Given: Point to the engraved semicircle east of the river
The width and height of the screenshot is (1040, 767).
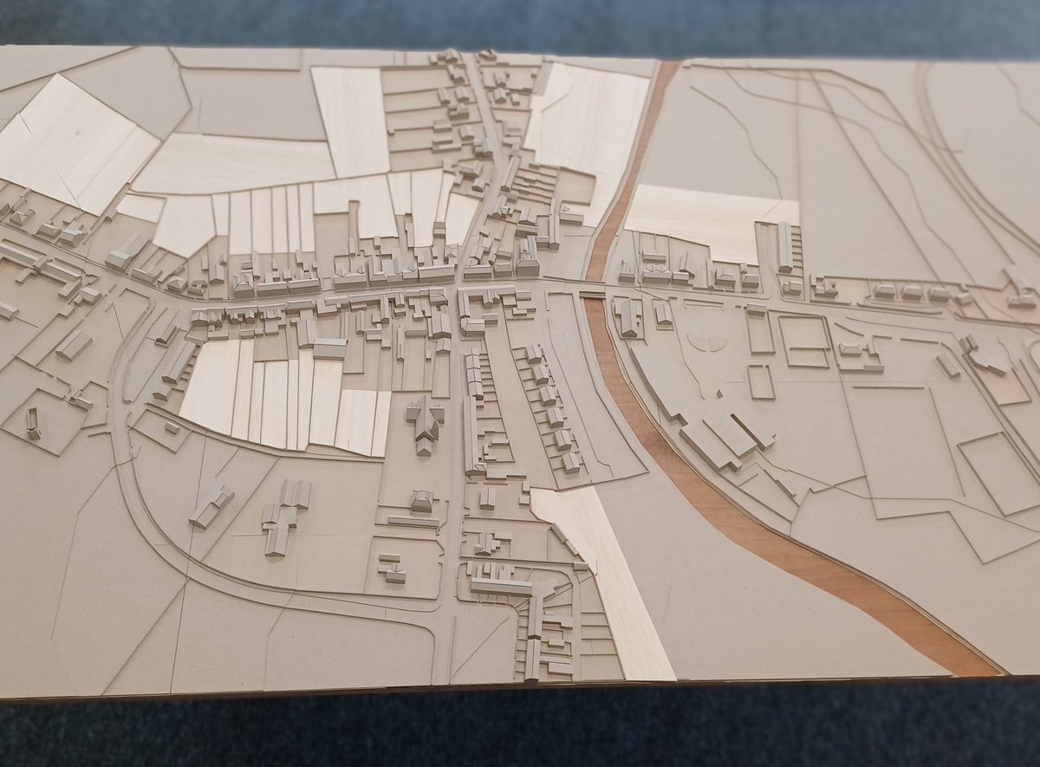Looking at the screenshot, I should (x=709, y=341).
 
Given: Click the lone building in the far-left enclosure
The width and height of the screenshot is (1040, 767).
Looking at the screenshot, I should (x=33, y=423).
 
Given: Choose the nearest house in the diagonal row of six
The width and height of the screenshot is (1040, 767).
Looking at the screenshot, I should (x=570, y=461).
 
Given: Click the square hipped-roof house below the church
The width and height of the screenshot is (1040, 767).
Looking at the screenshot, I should (x=422, y=500).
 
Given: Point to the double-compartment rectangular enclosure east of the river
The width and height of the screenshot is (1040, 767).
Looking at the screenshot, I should (x=803, y=341).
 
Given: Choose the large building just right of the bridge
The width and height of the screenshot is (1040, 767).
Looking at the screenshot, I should (x=627, y=316).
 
